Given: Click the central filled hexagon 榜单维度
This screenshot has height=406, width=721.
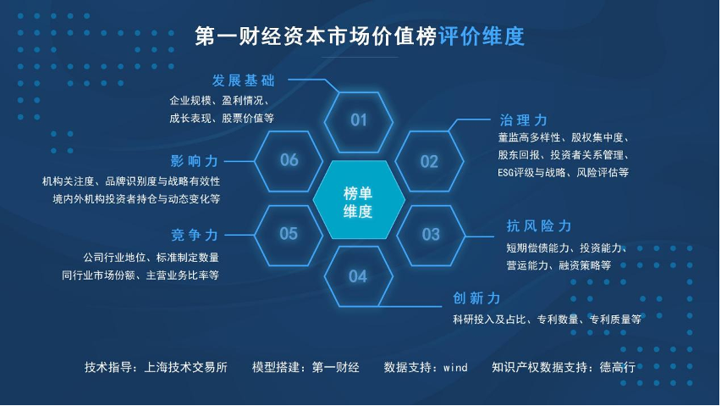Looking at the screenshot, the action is tap(359, 200).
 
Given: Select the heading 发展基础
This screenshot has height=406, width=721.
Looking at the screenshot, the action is tap(243, 81).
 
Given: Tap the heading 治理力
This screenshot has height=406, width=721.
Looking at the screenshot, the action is tap(523, 120).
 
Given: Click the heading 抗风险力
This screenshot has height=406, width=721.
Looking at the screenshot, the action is tap(539, 226).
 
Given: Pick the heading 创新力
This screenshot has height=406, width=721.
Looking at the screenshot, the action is tap(476, 298).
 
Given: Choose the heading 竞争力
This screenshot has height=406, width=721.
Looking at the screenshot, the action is tap(195, 236).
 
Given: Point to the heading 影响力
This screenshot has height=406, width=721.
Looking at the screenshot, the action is tap(194, 161).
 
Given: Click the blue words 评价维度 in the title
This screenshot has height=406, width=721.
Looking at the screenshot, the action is tap(482, 36).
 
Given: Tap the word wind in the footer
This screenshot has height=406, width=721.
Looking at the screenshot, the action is tap(455, 367).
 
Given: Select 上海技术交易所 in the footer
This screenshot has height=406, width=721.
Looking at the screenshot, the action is tap(186, 367).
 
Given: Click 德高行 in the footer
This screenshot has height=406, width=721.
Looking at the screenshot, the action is tap(618, 367).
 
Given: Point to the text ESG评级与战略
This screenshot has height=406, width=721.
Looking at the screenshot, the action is tap(531, 173).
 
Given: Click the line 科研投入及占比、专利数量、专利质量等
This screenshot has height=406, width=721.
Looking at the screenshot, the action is tap(547, 319).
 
